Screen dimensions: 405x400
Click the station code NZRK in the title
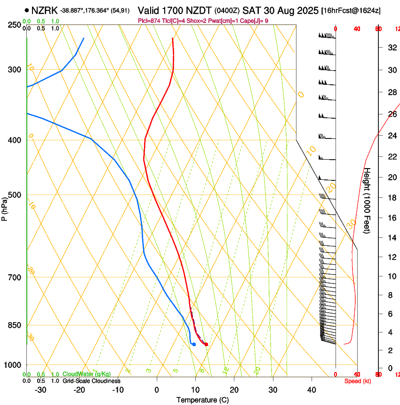click(x=45, y=9)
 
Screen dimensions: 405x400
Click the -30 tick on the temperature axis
click(x=40, y=390)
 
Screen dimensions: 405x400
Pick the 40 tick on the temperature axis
click(x=311, y=390)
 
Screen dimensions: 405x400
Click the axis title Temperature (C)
click(x=202, y=400)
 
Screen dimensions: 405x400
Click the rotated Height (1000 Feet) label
click(x=368, y=201)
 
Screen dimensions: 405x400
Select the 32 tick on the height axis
click(x=392, y=47)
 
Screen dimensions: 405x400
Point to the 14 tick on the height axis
click(x=392, y=238)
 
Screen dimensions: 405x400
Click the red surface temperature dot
click(x=206, y=344)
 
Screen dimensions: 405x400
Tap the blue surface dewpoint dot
click(x=194, y=344)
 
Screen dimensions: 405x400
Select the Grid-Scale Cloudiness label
click(x=91, y=381)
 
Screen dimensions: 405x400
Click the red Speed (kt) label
click(x=358, y=381)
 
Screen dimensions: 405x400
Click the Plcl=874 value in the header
click(x=150, y=21)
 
